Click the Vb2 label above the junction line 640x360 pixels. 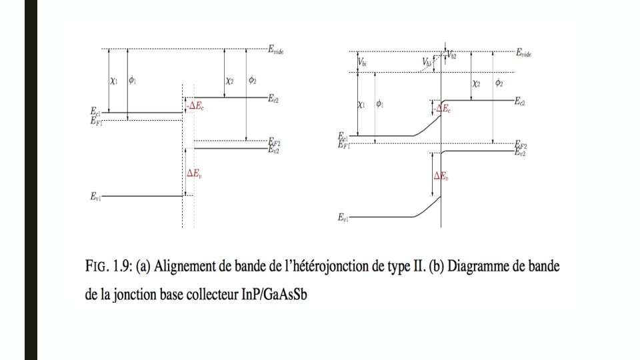click(x=453, y=53)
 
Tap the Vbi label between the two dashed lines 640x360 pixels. click(x=363, y=62)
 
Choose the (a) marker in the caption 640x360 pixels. click(x=143, y=267)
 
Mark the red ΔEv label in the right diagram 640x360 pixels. click(x=441, y=176)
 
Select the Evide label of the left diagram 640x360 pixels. click(x=276, y=49)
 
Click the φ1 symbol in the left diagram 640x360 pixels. click(x=133, y=81)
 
